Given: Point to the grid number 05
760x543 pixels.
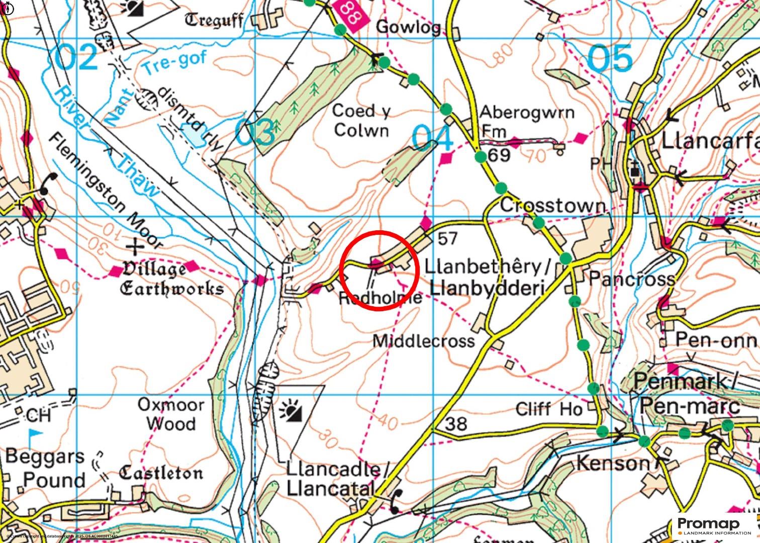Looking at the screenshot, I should (x=610, y=58).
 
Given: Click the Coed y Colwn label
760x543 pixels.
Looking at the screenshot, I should (x=361, y=121).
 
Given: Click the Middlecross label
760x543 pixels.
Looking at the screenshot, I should (x=423, y=341).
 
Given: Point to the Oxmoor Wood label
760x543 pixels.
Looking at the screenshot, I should (x=171, y=414).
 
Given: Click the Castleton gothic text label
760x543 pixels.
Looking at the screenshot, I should (x=161, y=473).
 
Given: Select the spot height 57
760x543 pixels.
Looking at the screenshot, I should (x=447, y=238).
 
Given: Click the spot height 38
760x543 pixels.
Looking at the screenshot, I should (x=456, y=424).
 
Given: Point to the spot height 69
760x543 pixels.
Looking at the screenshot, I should (x=499, y=155).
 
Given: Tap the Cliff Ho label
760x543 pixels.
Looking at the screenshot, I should (x=548, y=409).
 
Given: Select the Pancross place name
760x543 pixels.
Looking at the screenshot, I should (x=632, y=279).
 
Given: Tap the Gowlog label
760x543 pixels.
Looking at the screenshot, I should (x=408, y=27).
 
